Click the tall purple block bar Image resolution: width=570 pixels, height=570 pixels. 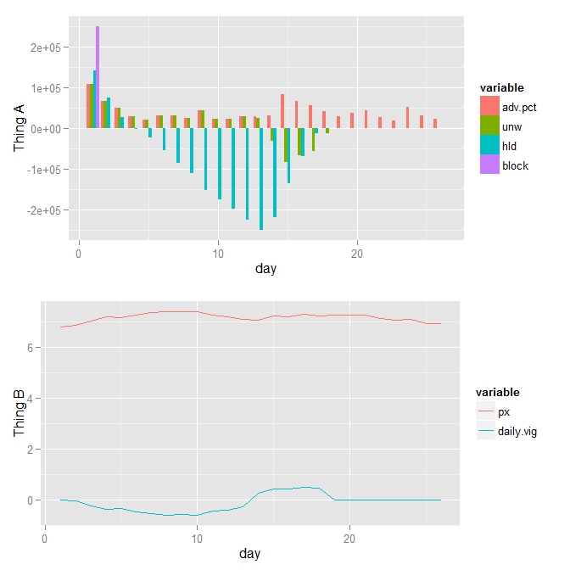(98, 77)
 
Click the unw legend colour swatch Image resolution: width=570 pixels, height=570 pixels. (489, 126)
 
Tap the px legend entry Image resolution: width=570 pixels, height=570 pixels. (504, 412)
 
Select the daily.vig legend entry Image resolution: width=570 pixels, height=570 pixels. (517, 432)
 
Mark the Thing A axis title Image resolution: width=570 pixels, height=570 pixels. (19, 129)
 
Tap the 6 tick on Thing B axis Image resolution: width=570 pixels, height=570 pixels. (31, 348)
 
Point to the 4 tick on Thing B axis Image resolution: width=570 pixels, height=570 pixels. (31, 399)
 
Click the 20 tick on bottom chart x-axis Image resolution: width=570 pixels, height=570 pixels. (350, 537)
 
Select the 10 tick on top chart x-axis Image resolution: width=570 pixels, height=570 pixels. (218, 254)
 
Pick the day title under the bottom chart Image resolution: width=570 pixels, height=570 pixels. (249, 553)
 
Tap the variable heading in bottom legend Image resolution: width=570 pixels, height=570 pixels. (497, 393)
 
